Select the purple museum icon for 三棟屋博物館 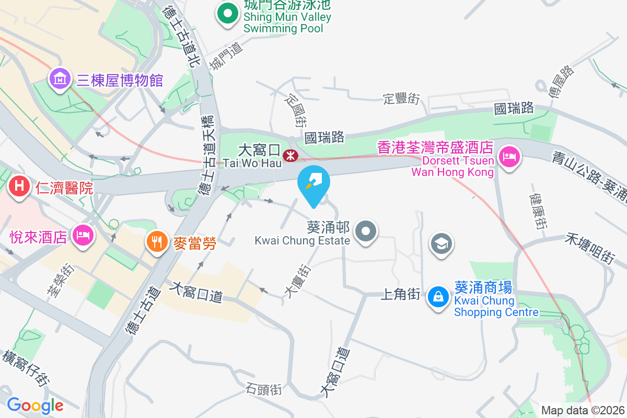click(60, 79)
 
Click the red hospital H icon click(20, 186)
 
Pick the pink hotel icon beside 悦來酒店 click(83, 235)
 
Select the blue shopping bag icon click(438, 297)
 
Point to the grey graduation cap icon click(442, 243)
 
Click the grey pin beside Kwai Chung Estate click(366, 230)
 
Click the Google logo click(35, 405)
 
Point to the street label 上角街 click(401, 295)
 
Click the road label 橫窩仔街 click(26, 368)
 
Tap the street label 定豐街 click(401, 98)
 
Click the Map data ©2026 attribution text click(583, 410)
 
